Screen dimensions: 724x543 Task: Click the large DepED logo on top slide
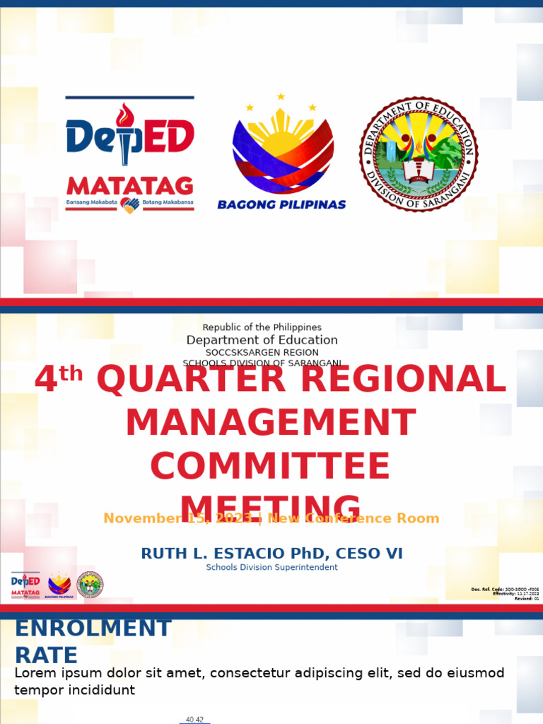pos(129,136)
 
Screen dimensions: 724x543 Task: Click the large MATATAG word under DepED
pos(129,186)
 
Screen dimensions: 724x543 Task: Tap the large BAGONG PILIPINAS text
pos(281,204)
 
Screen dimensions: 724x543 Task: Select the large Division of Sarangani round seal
pos(419,154)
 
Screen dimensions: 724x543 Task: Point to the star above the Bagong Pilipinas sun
pos(281,97)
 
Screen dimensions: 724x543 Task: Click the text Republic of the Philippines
pos(262,327)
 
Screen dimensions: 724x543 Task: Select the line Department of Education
pos(262,340)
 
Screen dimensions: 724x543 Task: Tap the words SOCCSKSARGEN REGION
pos(262,352)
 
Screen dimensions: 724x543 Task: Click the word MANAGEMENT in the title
pos(270,424)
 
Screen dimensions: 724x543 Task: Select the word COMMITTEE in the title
pos(270,467)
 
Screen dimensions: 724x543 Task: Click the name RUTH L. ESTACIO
pos(219,554)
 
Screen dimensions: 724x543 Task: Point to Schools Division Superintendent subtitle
pos(271,567)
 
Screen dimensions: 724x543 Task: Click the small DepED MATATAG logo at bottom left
pos(25,585)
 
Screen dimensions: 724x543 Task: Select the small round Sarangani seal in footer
pos(90,585)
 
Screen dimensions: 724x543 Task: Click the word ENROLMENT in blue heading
pos(93,628)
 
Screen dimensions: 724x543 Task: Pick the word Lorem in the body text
pos(33,673)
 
